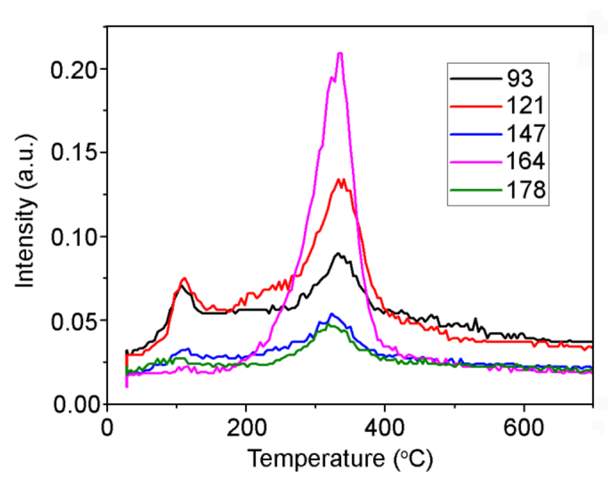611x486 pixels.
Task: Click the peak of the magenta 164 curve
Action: pos(340,53)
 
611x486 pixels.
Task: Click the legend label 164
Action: pos(526,161)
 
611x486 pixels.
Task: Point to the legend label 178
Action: pos(526,189)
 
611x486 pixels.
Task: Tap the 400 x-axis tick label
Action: pos(385,428)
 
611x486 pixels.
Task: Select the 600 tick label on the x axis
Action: pos(523,428)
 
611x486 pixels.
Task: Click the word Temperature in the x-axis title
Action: pos(314,459)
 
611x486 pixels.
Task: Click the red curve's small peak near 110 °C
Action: pos(184,278)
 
